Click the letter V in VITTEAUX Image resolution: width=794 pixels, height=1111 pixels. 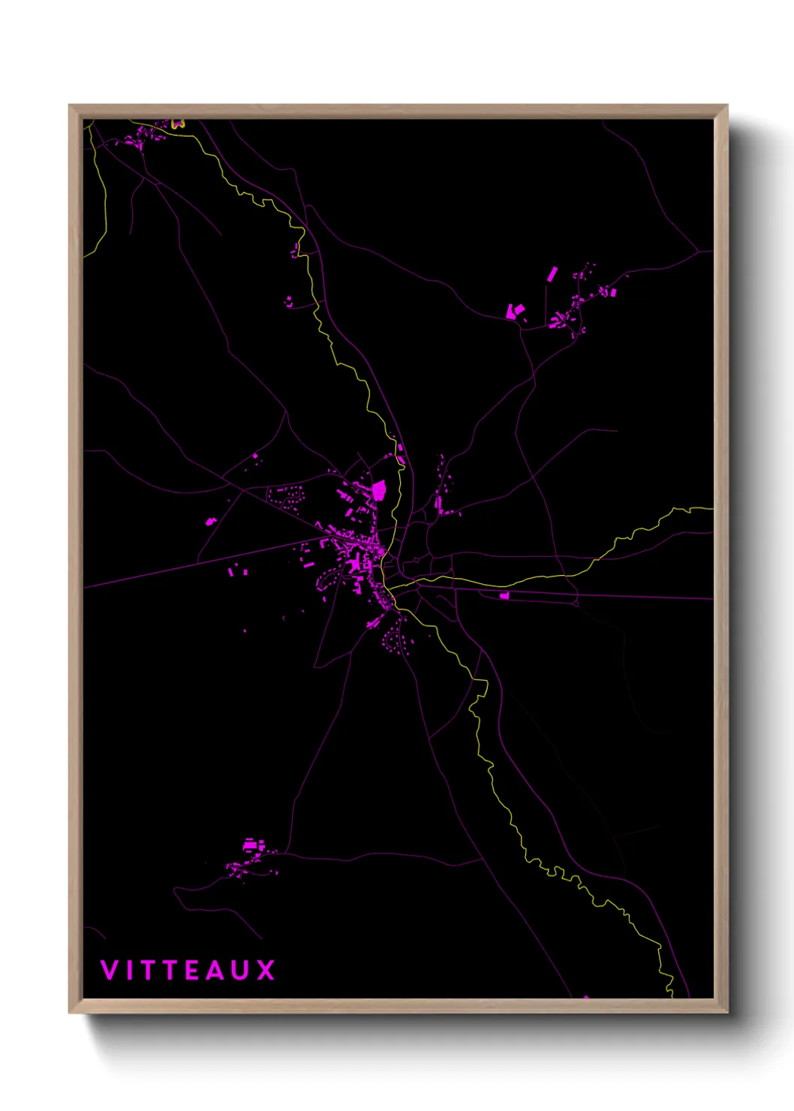pos(109,970)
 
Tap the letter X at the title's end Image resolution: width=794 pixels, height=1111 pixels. pos(266,970)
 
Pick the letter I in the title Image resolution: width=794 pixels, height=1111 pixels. pos(128,970)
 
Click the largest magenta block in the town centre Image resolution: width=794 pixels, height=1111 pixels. pos(379,491)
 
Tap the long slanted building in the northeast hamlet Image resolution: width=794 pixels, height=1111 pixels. pos(552,274)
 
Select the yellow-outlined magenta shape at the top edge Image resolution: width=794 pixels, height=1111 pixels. pos(177,124)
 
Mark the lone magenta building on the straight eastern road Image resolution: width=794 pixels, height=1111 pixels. pos(504,595)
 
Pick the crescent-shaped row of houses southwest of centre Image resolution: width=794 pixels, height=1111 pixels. pos(329,579)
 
